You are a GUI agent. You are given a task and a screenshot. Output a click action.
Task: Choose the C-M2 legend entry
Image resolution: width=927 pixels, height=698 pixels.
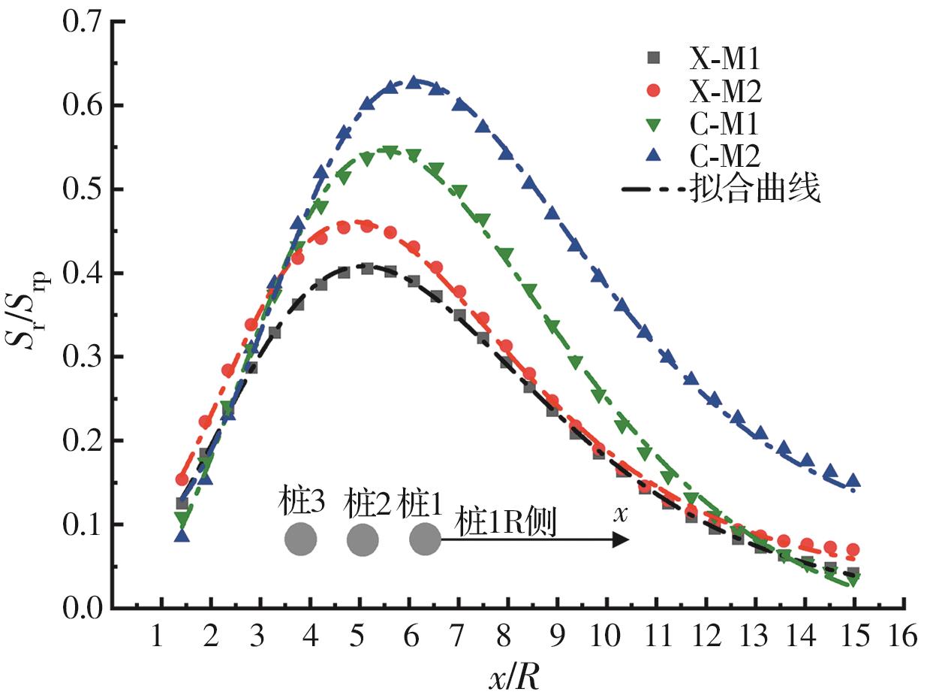(725, 156)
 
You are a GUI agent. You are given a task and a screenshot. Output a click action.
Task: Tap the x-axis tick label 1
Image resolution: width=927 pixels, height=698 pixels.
(156, 638)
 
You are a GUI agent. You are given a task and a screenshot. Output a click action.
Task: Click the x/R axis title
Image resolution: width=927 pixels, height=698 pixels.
(513, 677)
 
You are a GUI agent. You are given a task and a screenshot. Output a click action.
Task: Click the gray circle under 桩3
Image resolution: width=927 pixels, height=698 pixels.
(300, 539)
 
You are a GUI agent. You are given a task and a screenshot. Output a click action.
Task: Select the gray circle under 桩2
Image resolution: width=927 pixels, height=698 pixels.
(363, 539)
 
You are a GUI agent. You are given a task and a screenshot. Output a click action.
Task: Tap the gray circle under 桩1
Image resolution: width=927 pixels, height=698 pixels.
(425, 539)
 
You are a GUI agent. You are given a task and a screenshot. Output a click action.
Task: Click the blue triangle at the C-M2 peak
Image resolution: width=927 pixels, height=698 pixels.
(412, 83)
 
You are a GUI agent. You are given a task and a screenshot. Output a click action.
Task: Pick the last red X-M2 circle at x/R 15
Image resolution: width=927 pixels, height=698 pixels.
(853, 550)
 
